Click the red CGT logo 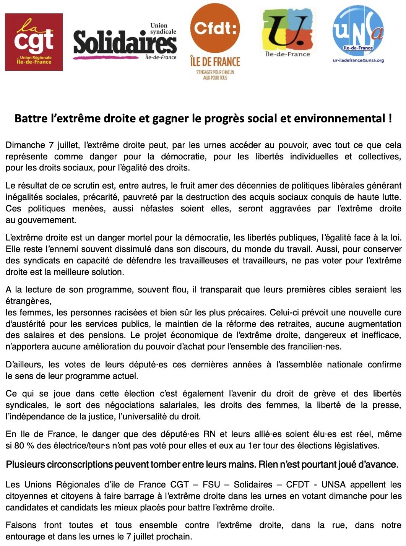coord(34,42)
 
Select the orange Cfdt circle coord(215,29)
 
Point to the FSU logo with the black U coord(288,31)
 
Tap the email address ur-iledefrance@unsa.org coord(358,60)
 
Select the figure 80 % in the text coord(23,446)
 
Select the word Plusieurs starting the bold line coord(26,465)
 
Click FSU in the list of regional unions coord(211,485)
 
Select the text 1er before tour coord(254,446)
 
